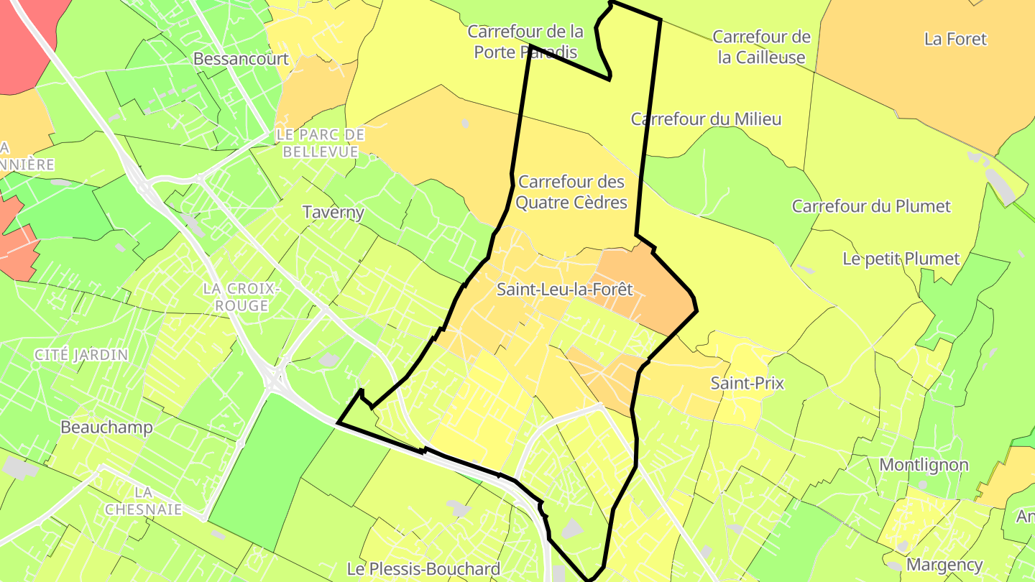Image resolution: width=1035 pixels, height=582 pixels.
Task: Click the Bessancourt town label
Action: tap(241, 59)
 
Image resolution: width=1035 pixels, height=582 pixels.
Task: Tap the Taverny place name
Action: tap(333, 213)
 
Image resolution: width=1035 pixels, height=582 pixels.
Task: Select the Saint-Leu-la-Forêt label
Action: tap(565, 290)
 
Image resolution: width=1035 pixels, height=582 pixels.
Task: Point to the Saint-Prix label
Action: tap(747, 383)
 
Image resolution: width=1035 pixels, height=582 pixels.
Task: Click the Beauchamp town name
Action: tap(106, 428)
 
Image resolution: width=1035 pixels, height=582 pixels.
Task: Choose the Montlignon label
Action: tap(924, 465)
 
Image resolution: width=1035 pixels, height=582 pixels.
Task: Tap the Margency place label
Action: tap(944, 565)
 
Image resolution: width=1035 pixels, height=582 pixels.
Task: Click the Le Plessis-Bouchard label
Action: tap(423, 569)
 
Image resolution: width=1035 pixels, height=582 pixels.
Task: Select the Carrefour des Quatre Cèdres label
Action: tap(571, 193)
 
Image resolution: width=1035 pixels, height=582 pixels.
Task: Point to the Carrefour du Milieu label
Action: tap(706, 119)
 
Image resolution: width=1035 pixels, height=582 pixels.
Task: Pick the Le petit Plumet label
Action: tap(901, 259)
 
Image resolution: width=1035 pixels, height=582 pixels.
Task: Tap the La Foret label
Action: tap(956, 40)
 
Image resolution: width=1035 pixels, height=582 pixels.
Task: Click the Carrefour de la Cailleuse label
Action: tap(762, 47)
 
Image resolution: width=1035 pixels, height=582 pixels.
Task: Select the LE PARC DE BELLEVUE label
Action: tap(320, 143)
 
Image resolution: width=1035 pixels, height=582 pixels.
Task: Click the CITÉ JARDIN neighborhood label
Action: tap(81, 355)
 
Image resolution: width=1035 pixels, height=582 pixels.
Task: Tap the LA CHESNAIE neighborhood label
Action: tap(143, 501)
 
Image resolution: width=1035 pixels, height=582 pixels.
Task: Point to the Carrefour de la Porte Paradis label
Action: tap(525, 42)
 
